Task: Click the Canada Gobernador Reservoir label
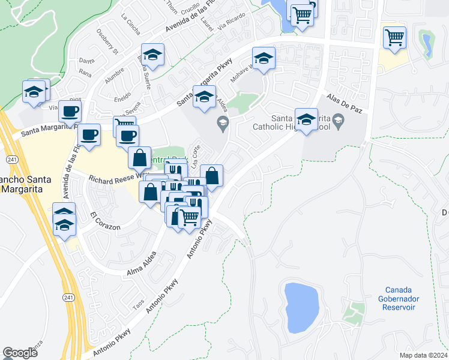pos(398,299)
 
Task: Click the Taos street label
pos(139,304)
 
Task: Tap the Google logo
pos(20,352)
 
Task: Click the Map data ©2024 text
pos(423,355)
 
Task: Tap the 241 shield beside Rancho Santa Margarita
pos(11,159)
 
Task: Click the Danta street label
pos(87,61)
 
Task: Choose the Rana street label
pos(85,74)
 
